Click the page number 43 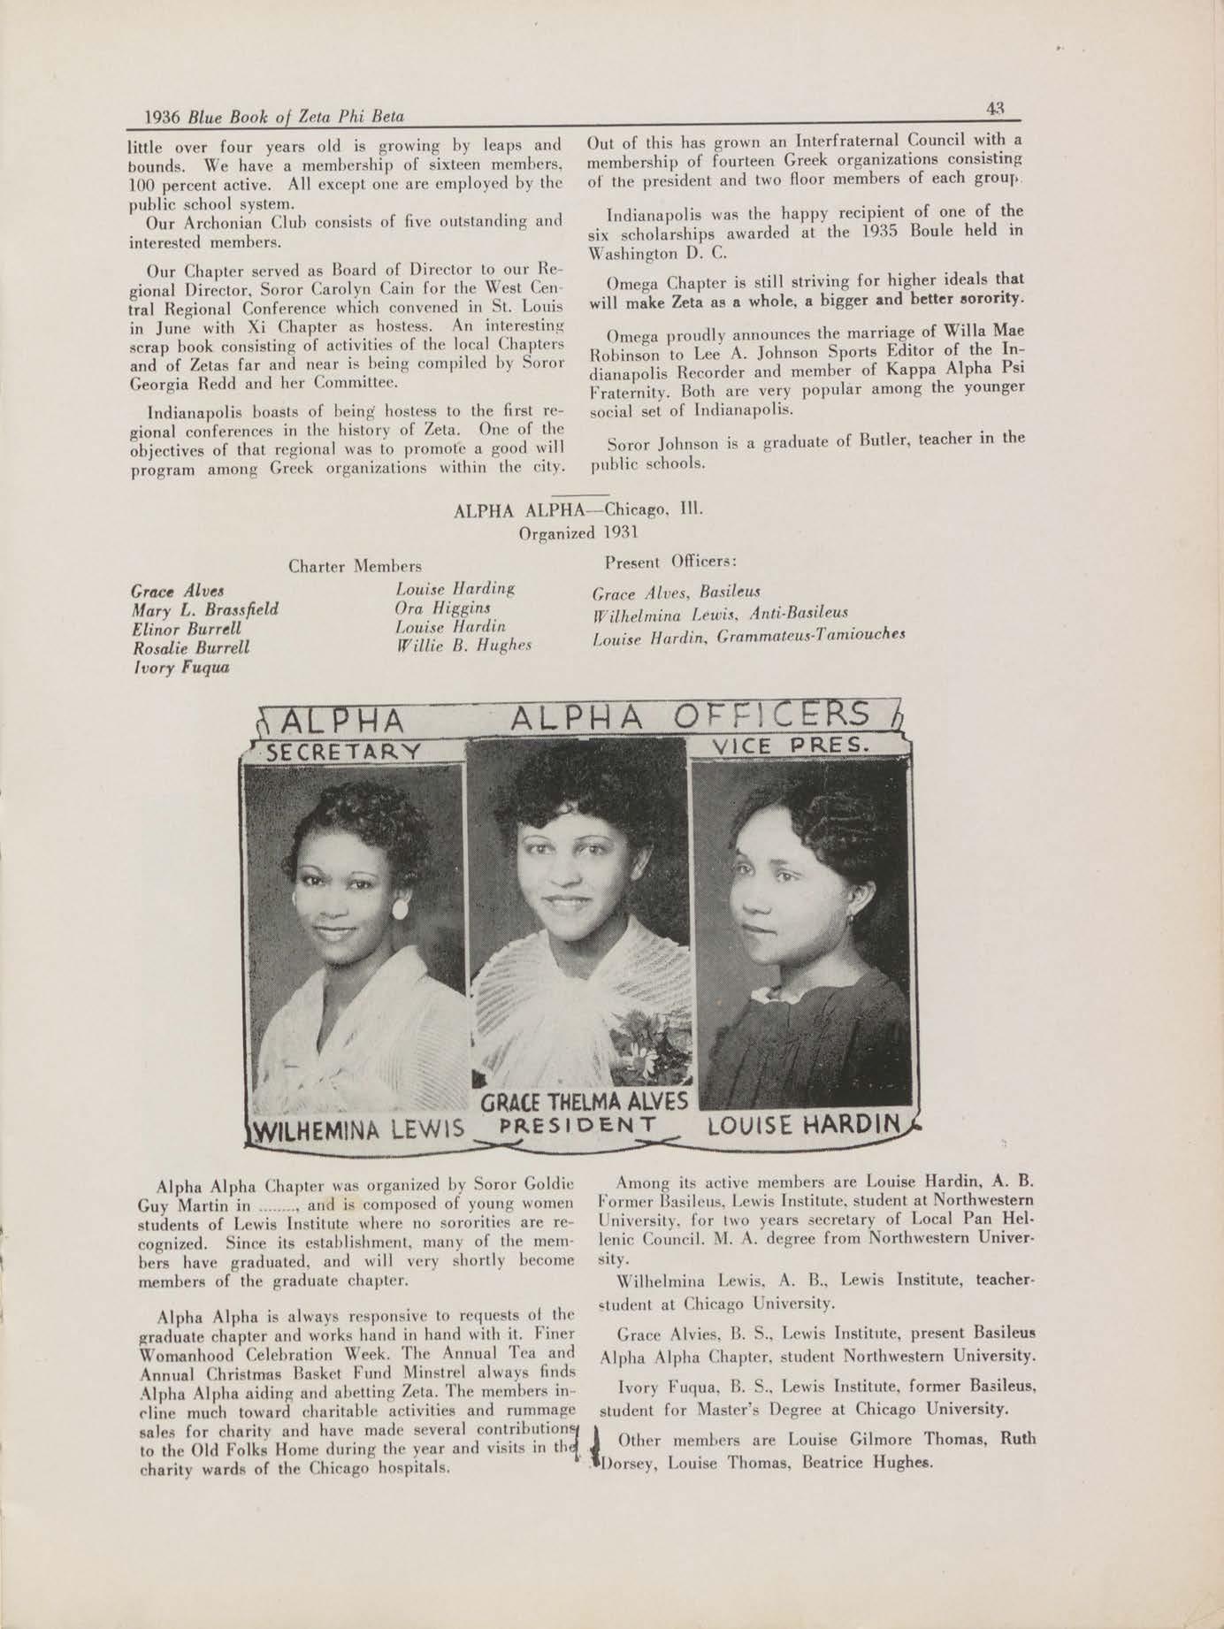(995, 109)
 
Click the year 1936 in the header (162, 117)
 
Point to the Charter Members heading (355, 566)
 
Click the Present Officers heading (670, 562)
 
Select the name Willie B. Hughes (463, 646)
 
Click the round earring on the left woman (400, 908)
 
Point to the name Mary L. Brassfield (205, 609)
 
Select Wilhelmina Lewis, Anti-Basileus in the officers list (721, 613)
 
